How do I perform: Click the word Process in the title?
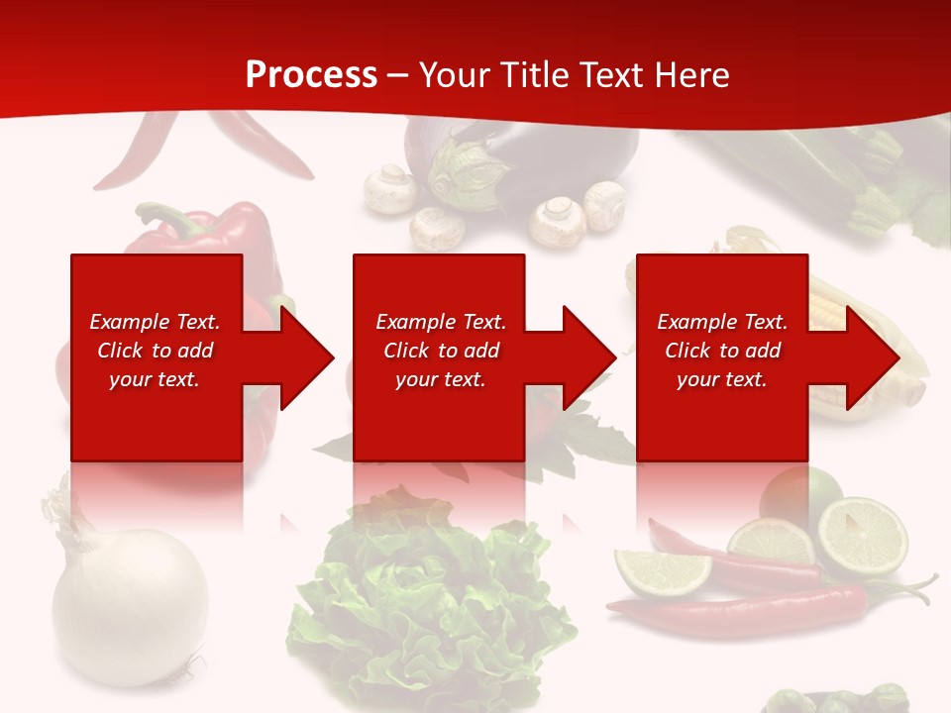(x=311, y=75)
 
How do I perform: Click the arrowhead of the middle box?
(x=587, y=357)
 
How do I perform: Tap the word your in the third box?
(x=698, y=379)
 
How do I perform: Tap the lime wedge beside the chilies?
(x=662, y=571)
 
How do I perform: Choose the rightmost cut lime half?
(x=862, y=536)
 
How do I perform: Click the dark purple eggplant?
(x=584, y=158)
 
